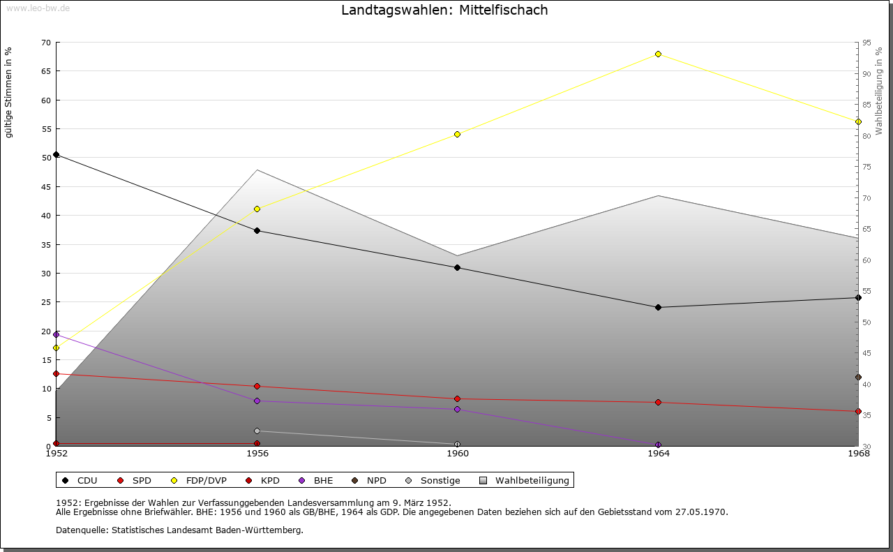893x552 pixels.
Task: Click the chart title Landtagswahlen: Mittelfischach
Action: click(x=444, y=10)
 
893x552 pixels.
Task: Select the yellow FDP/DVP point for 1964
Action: click(x=658, y=54)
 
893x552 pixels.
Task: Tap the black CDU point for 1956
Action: click(x=257, y=231)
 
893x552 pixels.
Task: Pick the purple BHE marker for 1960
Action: click(x=457, y=410)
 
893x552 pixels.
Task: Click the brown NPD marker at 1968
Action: click(x=858, y=378)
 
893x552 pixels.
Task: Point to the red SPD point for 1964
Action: click(x=658, y=403)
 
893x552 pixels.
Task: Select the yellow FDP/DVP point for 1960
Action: click(x=457, y=134)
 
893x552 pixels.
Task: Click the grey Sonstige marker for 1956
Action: click(x=257, y=431)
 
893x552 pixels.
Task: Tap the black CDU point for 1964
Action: click(x=658, y=308)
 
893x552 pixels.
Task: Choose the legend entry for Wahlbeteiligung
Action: click(x=532, y=481)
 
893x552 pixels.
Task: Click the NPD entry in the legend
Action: click(x=376, y=481)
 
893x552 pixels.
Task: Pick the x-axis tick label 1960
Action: click(x=458, y=454)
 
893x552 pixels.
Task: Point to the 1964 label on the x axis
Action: click(x=658, y=454)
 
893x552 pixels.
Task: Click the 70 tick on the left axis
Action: click(x=45, y=43)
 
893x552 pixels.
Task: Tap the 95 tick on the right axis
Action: click(x=866, y=43)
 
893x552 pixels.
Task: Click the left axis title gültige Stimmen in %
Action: click(x=9, y=92)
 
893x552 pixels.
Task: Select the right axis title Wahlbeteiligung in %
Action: click(x=879, y=91)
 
